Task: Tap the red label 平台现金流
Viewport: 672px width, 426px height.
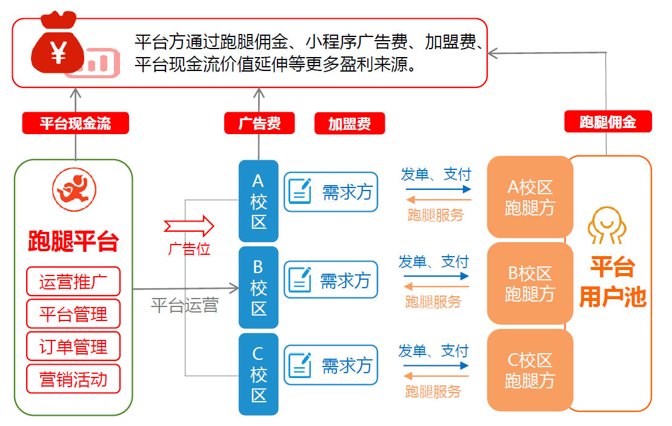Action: point(76,124)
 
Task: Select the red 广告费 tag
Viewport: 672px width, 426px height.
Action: point(259,123)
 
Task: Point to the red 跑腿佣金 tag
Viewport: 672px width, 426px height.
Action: point(607,122)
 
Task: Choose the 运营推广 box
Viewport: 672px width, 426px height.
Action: point(73,282)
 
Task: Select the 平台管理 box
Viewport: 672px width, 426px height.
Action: point(73,314)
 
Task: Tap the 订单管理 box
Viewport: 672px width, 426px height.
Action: point(73,347)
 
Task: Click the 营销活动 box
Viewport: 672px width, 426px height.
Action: point(73,379)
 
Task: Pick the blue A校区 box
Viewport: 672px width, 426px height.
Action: point(259,201)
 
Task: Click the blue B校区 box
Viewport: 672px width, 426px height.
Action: point(259,287)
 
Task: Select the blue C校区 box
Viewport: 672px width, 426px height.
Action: point(259,374)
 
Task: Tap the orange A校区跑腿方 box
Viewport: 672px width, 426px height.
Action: point(530,197)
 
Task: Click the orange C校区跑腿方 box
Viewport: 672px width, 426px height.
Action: point(530,370)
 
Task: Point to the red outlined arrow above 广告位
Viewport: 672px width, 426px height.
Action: point(189,226)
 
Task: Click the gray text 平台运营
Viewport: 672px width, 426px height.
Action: point(184,305)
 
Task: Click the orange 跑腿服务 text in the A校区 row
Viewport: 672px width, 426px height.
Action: point(436,215)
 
